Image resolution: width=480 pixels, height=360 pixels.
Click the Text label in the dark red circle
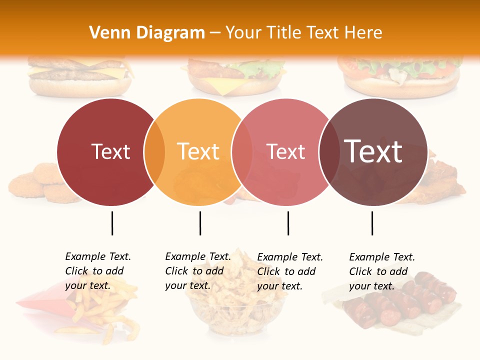[x=110, y=151]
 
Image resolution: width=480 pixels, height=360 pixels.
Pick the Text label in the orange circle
[x=198, y=151]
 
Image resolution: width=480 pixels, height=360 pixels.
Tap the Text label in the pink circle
[x=285, y=151]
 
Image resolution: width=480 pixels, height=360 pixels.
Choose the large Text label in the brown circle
[x=373, y=151]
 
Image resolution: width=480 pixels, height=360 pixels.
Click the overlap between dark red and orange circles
[x=154, y=152]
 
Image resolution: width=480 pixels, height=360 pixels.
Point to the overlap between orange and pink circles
[x=242, y=152]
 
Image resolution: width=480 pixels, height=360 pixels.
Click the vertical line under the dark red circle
[x=112, y=223]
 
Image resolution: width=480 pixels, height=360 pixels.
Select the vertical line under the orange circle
[x=200, y=223]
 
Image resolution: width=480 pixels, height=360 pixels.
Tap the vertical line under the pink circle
[x=288, y=223]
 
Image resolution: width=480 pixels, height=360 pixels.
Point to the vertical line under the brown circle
[x=372, y=223]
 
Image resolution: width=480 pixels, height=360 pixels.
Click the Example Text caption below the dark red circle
[x=97, y=271]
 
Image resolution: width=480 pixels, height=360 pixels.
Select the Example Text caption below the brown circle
[x=381, y=271]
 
